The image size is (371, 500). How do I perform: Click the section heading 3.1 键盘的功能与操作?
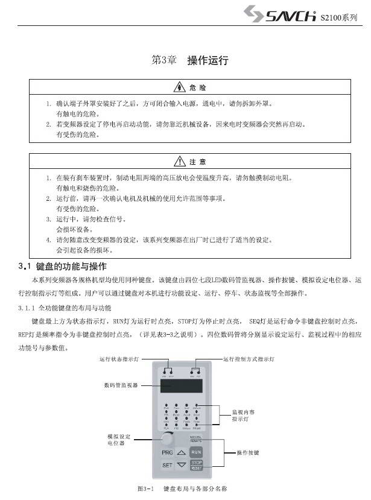point(63,266)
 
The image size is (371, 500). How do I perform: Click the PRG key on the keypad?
point(167,452)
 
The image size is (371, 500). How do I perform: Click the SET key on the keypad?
point(167,466)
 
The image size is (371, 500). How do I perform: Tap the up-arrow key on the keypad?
point(181,452)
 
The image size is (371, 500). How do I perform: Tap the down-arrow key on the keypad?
point(181,466)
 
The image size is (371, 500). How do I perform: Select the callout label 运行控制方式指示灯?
point(249,359)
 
